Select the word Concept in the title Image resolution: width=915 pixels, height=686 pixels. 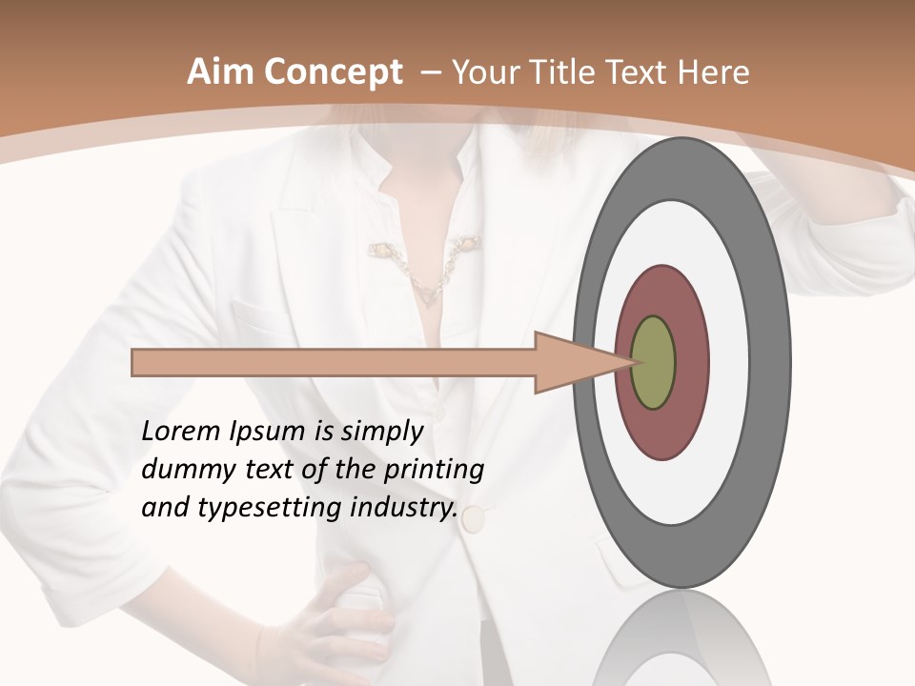tap(331, 73)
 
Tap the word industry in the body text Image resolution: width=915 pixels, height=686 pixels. tap(399, 508)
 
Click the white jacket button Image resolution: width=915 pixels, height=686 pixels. tap(474, 519)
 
